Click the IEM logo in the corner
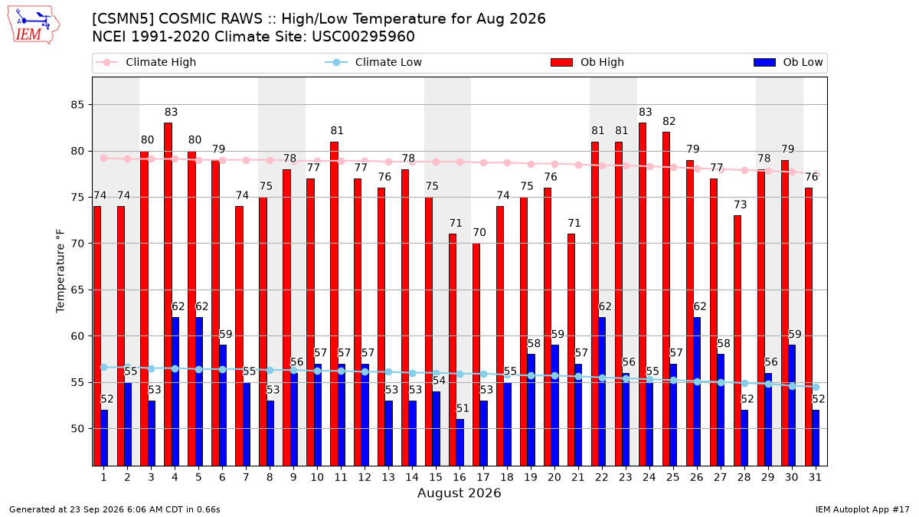pos(33,25)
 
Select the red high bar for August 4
pos(168,294)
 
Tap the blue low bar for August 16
pos(460,443)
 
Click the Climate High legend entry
pos(146,62)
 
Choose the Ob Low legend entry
pos(788,62)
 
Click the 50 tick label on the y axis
pos(77,429)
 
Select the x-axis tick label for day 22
pos(601,477)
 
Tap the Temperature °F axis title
pos(61,271)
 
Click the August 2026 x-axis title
pos(459,492)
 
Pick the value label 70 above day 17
pos(479,233)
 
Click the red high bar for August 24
pos(642,294)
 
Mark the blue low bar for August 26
pos(697,391)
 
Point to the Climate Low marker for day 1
pos(104,367)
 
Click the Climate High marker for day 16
pos(460,162)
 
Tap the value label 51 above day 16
pos(463,408)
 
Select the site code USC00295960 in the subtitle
pos(363,37)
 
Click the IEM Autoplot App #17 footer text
pos(862,509)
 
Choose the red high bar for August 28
pos(737,341)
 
